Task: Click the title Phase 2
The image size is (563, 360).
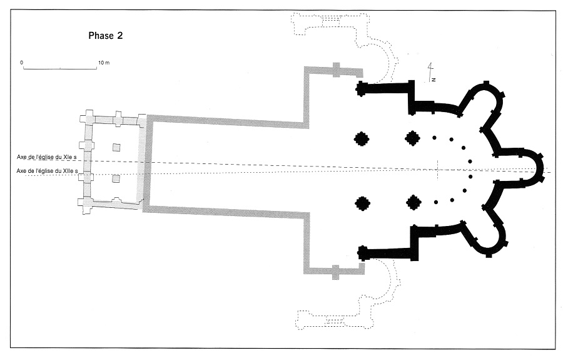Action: coord(105,36)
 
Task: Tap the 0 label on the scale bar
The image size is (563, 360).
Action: coord(21,63)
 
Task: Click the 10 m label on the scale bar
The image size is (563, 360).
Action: coord(103,63)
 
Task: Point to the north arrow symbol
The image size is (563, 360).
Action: coord(431,73)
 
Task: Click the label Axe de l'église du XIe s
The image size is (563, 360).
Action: coord(48,157)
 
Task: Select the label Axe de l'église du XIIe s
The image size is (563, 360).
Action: coord(48,171)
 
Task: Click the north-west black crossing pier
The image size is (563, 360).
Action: coord(362,138)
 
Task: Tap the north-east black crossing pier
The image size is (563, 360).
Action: coord(412,138)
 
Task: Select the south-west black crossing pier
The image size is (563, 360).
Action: coord(362,203)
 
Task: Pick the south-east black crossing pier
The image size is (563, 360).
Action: coord(413,202)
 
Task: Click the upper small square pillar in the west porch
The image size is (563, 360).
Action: coord(116,147)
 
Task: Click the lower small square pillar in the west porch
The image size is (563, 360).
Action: coord(116,179)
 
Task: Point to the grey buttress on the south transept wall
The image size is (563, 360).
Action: coord(337,272)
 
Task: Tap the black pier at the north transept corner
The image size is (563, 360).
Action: coord(361,88)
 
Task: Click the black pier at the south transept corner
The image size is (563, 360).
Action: coord(362,253)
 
